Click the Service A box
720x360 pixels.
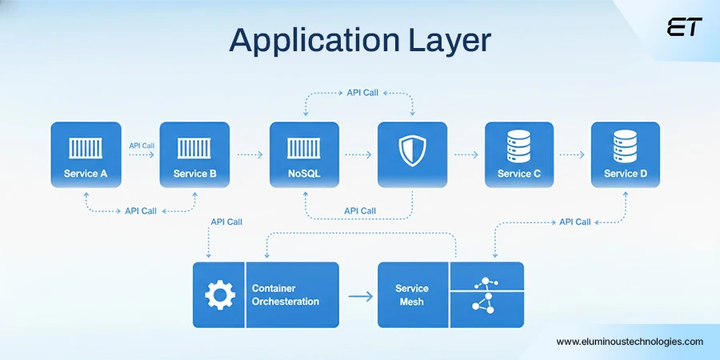tap(86, 154)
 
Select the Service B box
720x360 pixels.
tap(194, 154)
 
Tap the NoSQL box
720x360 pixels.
tap(304, 154)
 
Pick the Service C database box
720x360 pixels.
tap(519, 154)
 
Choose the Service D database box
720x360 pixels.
tap(626, 154)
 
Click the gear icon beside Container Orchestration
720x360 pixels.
tap(219, 295)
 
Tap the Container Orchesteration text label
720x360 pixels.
tap(286, 295)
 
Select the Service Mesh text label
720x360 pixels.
tap(412, 295)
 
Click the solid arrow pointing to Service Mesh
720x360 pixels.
tap(361, 296)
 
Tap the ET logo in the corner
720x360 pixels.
tap(684, 28)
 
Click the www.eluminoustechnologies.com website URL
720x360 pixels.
tap(630, 342)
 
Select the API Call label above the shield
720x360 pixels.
tap(362, 93)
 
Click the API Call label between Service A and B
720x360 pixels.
tap(141, 146)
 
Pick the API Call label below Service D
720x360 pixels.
tap(574, 222)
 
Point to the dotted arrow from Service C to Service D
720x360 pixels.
tap(571, 154)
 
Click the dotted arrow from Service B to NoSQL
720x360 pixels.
tap(250, 154)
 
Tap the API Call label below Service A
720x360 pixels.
tap(141, 211)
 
